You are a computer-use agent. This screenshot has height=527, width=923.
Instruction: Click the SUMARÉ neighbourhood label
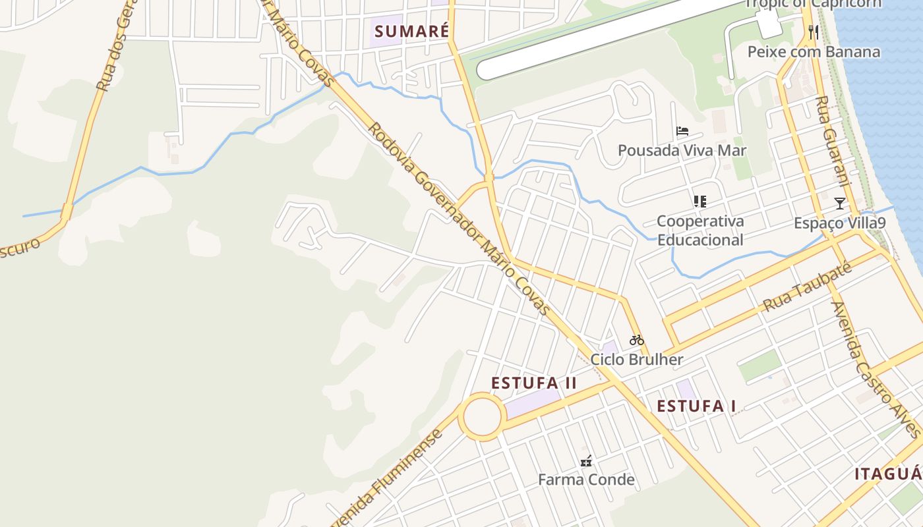(411, 31)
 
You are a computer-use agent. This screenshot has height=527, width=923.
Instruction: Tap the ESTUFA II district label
(534, 383)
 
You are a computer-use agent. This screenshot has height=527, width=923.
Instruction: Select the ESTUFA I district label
(696, 406)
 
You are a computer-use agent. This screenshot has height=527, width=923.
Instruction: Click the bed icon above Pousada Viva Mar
(682, 131)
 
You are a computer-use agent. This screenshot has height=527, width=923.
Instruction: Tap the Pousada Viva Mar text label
(682, 150)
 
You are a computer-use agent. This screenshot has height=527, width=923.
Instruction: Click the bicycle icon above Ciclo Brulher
(636, 341)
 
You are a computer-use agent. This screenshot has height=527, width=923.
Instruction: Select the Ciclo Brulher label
(636, 360)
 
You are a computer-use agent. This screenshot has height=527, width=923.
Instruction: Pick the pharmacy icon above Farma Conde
(585, 461)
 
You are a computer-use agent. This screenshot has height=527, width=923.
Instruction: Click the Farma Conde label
(586, 480)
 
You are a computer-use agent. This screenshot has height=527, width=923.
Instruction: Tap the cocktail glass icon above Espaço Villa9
(839, 203)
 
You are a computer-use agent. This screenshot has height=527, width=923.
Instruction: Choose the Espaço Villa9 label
(839, 223)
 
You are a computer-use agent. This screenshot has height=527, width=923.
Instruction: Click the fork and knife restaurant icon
(814, 32)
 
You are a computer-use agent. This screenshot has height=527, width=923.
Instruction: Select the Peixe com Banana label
(814, 52)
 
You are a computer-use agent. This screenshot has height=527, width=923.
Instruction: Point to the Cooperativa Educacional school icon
(700, 202)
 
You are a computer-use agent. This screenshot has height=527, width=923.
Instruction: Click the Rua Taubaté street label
(808, 288)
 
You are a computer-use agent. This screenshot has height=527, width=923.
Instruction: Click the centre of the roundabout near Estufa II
(482, 417)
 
